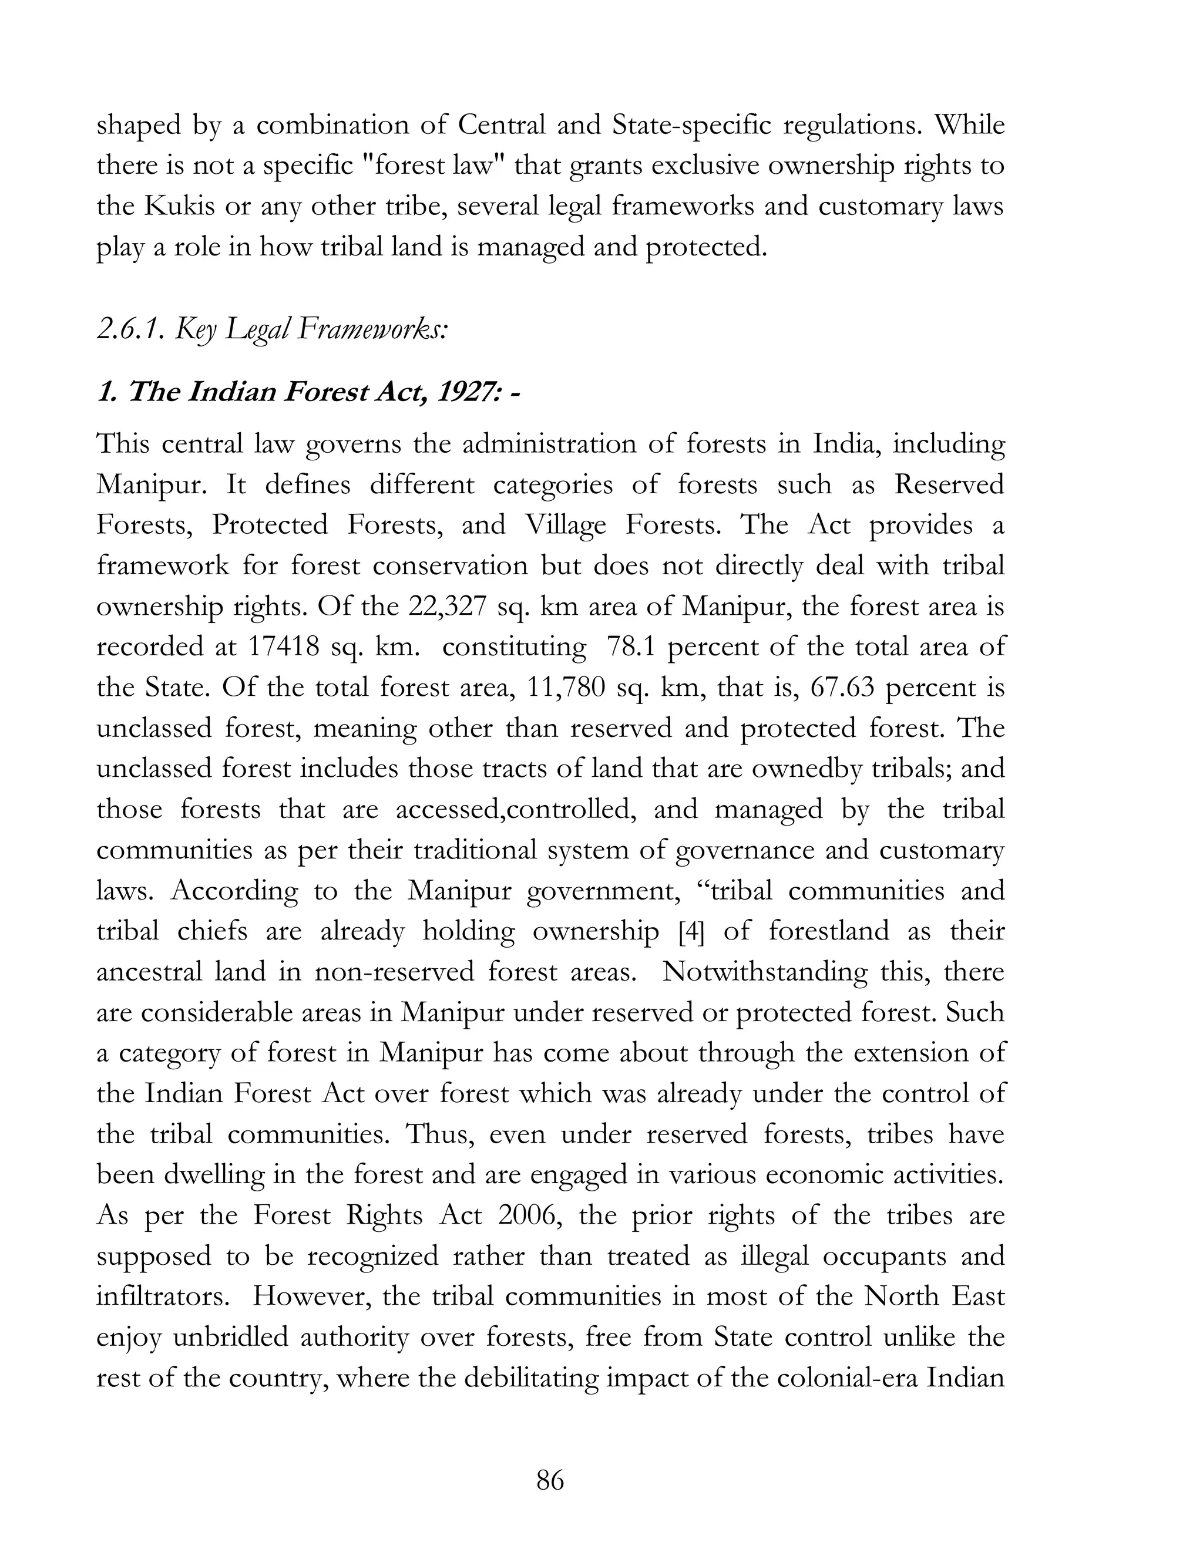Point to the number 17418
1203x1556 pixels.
point(283,647)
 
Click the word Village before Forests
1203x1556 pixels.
point(565,525)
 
